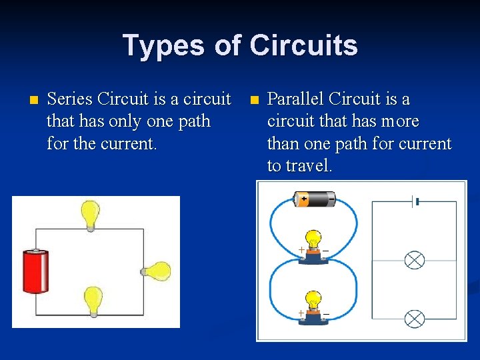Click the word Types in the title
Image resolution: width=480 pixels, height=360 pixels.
163,45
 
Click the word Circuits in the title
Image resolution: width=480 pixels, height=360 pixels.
303,45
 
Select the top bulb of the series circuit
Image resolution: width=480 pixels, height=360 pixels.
90,215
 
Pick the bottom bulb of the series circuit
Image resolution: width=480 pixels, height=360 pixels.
92,301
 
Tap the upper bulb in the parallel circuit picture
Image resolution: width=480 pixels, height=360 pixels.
312,246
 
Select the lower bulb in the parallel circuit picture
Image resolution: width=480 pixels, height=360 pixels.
312,307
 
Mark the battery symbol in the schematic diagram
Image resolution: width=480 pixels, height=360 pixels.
415,201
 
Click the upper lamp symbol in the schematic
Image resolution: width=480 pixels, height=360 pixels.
415,260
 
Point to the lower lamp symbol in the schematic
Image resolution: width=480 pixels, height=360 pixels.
415,319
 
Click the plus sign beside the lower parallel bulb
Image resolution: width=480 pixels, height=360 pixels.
301,313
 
